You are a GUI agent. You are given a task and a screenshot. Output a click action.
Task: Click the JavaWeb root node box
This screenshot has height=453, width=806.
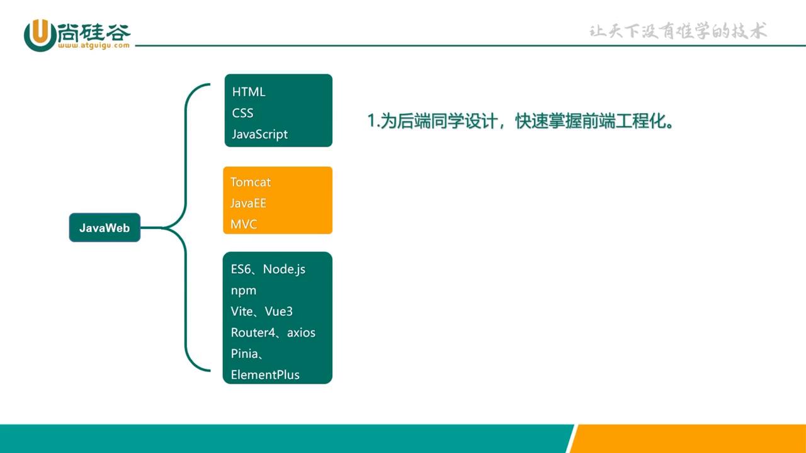(x=105, y=228)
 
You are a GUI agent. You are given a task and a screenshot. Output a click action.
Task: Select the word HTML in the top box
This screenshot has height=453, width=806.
(x=249, y=92)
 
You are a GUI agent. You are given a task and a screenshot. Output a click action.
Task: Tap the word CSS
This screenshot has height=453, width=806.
(x=242, y=113)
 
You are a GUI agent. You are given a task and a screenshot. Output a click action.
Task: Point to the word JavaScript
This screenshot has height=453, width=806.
(x=259, y=134)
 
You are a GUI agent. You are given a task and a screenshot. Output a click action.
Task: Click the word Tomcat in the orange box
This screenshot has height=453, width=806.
(x=251, y=182)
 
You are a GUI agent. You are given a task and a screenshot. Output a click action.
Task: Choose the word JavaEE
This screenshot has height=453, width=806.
(x=248, y=203)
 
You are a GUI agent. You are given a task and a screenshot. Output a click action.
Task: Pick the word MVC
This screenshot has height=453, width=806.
(x=244, y=224)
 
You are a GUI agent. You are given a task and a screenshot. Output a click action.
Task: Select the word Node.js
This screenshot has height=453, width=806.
(x=284, y=269)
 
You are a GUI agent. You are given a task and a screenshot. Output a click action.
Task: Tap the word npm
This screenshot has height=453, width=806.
(x=244, y=291)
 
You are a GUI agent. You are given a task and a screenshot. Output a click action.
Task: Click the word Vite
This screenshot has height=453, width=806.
(x=241, y=311)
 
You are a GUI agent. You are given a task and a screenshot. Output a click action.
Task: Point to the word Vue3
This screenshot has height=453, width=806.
(x=278, y=311)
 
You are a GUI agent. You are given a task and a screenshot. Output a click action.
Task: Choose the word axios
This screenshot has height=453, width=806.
(x=301, y=333)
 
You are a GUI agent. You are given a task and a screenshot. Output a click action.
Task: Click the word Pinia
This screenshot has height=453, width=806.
(x=244, y=354)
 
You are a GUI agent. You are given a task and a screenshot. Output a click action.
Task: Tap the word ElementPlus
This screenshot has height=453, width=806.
(x=265, y=375)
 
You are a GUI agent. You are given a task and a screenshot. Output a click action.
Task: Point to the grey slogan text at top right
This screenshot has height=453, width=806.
(x=678, y=31)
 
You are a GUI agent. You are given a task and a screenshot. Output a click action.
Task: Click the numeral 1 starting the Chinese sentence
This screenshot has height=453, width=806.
(x=372, y=121)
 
